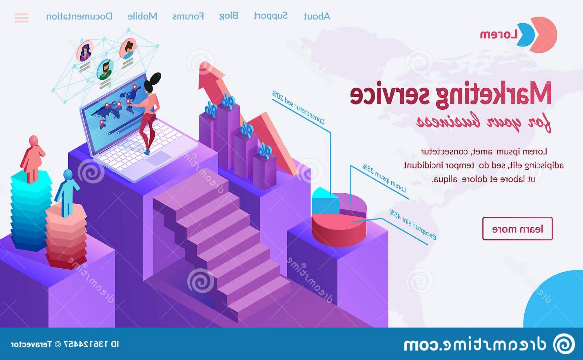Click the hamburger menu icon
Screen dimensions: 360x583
(21, 18)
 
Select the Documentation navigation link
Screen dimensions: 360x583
(79, 16)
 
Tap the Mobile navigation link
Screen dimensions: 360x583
(142, 16)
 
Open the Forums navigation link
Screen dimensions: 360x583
(188, 16)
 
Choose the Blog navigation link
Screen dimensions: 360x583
(229, 16)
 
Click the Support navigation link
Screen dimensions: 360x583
(271, 16)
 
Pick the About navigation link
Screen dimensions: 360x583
(317, 16)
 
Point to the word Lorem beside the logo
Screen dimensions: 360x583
(499, 35)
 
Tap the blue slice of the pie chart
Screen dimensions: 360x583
(325, 202)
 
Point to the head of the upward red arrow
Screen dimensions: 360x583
(210, 76)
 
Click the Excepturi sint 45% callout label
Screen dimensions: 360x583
(413, 225)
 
